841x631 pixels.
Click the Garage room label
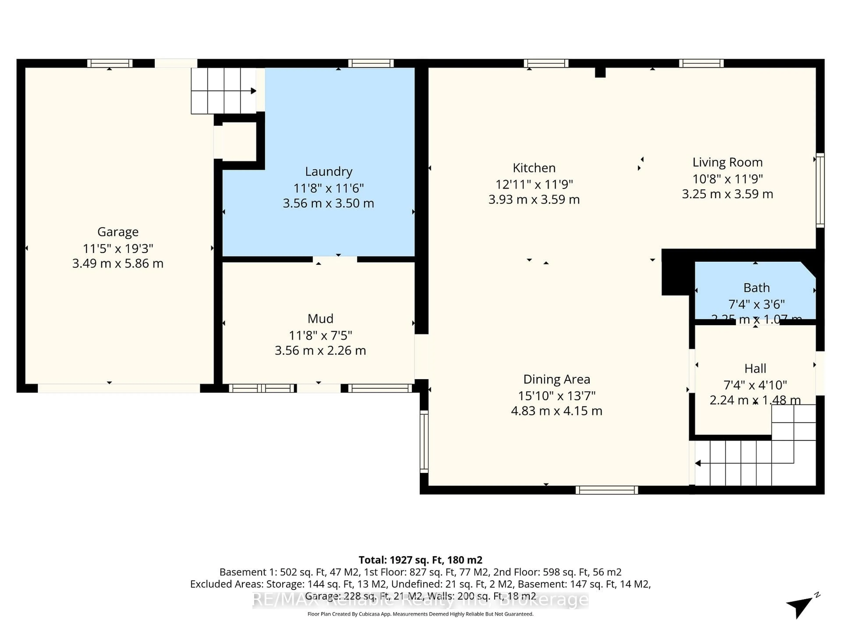click(x=118, y=232)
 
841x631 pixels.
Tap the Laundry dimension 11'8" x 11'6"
click(x=329, y=188)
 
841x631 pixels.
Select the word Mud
click(x=320, y=318)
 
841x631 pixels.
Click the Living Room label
click(x=727, y=162)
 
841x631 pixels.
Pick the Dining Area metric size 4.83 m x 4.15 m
click(x=556, y=411)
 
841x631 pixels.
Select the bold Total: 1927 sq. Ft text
click(x=420, y=560)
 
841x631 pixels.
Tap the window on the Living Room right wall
click(x=820, y=190)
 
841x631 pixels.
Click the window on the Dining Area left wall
click(x=424, y=441)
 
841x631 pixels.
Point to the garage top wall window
click(x=110, y=63)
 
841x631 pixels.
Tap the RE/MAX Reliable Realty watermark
click(x=420, y=600)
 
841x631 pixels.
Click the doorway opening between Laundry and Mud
click(x=335, y=259)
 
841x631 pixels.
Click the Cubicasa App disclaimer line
click(x=420, y=614)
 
